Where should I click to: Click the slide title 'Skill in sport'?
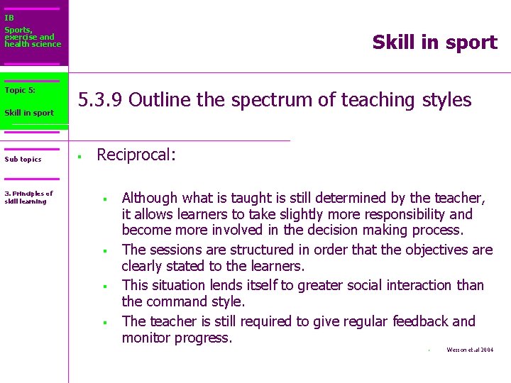(434, 43)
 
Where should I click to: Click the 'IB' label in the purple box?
(9, 18)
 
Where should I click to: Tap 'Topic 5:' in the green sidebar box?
(20, 90)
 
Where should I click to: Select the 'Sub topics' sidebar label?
(23, 160)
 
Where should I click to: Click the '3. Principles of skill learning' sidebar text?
(28, 197)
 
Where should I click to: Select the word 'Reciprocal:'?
(136, 155)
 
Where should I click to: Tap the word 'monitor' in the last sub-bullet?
(148, 338)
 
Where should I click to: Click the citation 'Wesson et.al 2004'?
(469, 350)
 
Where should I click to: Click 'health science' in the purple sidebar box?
(33, 45)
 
